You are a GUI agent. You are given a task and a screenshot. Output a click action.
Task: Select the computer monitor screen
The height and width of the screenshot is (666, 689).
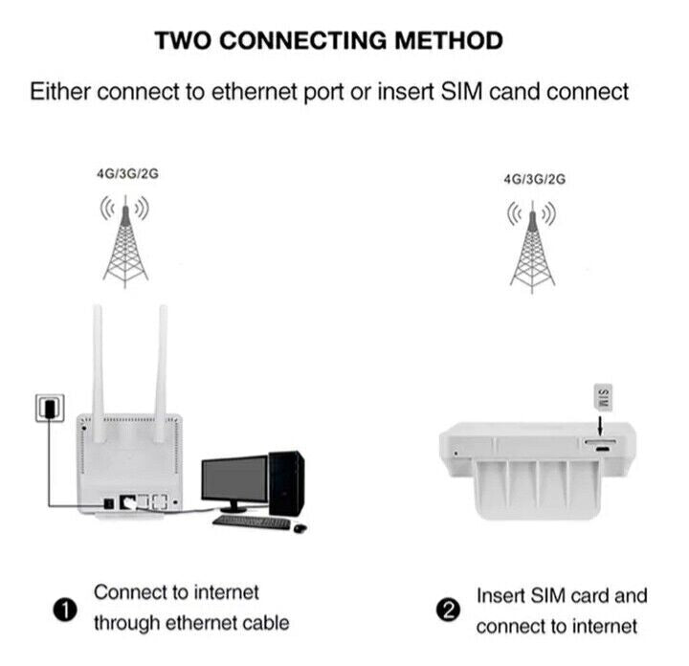pos(233,482)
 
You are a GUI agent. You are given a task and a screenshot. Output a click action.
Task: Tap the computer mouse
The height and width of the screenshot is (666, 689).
pos(300,527)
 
